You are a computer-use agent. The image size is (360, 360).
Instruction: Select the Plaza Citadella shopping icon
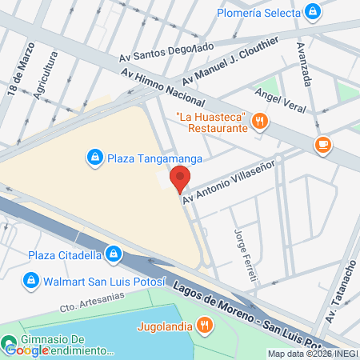[114, 255]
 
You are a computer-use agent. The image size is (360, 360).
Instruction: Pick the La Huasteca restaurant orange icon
[258, 122]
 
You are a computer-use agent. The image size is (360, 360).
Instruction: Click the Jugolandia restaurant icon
[204, 325]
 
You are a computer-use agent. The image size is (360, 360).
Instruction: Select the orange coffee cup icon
[322, 145]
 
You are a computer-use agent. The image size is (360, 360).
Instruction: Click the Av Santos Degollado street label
[166, 52]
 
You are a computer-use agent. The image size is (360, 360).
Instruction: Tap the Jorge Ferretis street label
[245, 254]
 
